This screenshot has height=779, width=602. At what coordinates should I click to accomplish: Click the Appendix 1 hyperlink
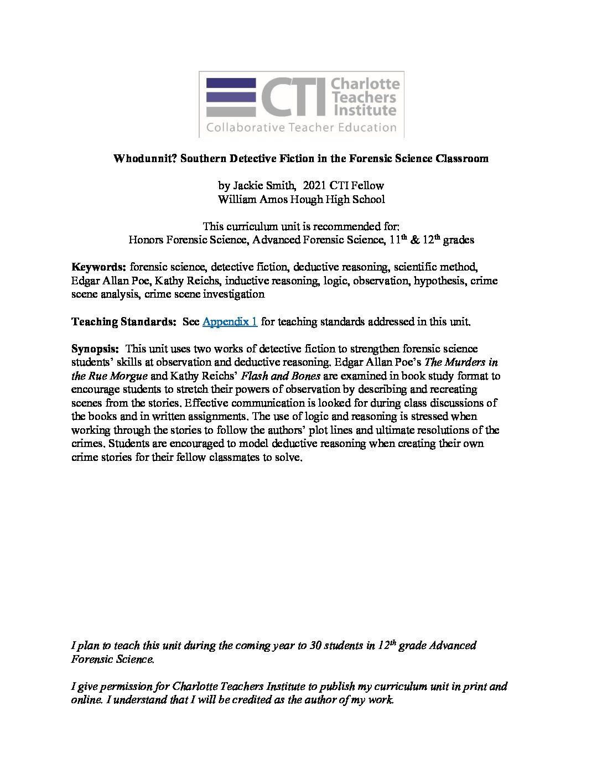click(230, 321)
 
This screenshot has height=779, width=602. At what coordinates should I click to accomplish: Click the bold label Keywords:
click(99, 267)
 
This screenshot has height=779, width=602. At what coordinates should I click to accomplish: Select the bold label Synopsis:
click(95, 349)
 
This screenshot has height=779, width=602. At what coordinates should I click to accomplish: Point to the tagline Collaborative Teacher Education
click(302, 128)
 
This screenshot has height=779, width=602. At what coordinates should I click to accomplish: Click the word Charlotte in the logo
click(365, 84)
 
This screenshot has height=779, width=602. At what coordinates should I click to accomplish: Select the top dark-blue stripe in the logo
click(231, 83)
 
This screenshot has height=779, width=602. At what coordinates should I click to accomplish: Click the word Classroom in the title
click(462, 159)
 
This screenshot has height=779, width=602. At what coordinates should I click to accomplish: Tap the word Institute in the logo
click(364, 110)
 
